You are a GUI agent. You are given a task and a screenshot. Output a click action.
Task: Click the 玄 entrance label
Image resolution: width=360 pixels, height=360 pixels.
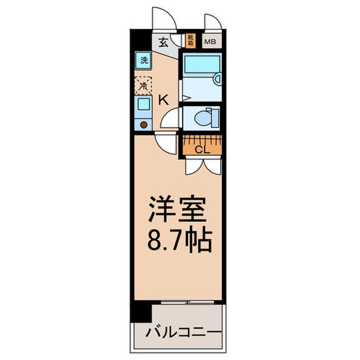(x=163, y=42)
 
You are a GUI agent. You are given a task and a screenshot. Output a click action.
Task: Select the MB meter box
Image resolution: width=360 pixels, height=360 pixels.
(x=211, y=42)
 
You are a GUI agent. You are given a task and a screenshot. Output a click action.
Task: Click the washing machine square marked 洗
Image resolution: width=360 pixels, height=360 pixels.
(x=143, y=60)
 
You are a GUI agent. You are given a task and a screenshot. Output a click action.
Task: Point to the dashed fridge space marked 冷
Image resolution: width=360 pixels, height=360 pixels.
(x=143, y=85)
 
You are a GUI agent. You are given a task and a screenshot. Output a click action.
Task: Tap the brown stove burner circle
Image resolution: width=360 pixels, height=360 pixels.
(x=144, y=124)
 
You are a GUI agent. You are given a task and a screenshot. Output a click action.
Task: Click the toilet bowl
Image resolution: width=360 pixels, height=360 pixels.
(x=205, y=117)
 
